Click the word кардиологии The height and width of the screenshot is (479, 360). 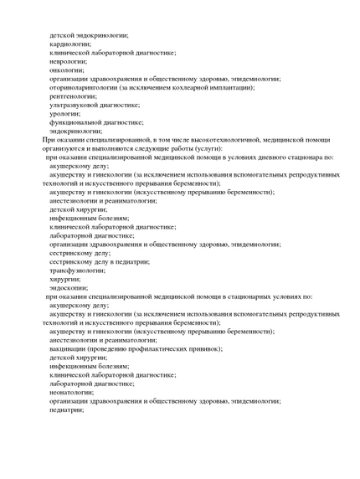[69, 44]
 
